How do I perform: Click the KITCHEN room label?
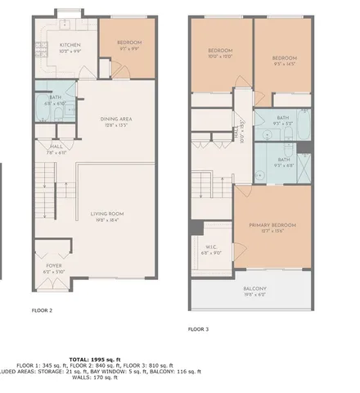pyautogui.click(x=70, y=45)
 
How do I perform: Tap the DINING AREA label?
pyautogui.click(x=115, y=119)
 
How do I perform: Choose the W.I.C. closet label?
pyautogui.click(x=211, y=246)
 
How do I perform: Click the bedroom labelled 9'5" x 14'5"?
pyautogui.click(x=283, y=58)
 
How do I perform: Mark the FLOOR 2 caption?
pyautogui.click(x=42, y=311)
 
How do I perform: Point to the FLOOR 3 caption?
pyautogui.click(x=199, y=328)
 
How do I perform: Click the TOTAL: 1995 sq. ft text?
pyautogui.click(x=95, y=359)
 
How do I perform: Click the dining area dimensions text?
pyautogui.click(x=115, y=125)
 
